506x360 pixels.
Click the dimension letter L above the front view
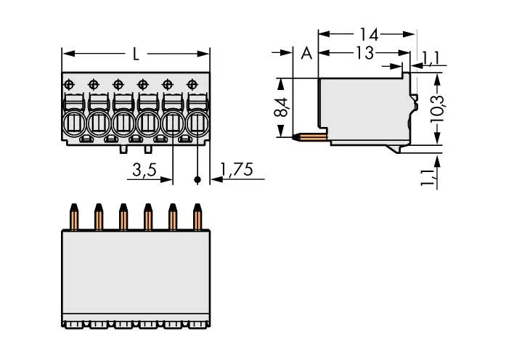[x=137, y=54]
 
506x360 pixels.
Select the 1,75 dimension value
[x=237, y=171]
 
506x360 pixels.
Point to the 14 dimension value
[x=368, y=33]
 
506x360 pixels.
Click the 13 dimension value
[x=365, y=52]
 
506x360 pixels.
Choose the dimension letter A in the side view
[x=306, y=53]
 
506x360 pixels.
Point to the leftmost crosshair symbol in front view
[x=69, y=84]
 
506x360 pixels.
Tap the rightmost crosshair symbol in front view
[x=192, y=84]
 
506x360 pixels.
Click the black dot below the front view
[x=197, y=177]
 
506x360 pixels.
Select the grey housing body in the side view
[x=363, y=105]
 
